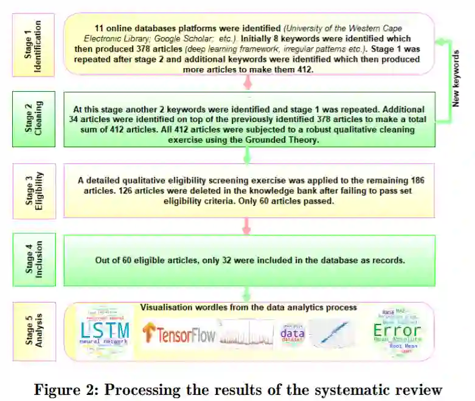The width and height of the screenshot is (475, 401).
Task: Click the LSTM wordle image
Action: [105, 332]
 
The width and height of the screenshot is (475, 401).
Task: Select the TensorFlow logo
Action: [179, 334]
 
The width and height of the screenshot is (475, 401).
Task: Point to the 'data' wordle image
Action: [292, 333]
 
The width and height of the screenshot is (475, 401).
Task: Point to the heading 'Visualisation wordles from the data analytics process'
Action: [249, 307]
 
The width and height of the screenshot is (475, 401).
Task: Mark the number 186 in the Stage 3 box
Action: [412, 180]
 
